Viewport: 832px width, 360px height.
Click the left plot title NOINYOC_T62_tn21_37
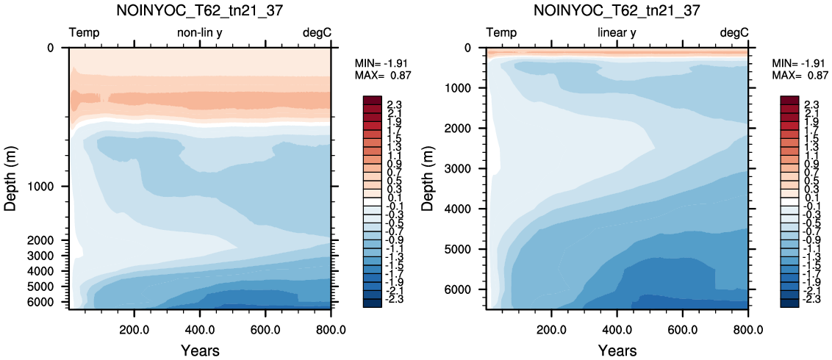point(201,10)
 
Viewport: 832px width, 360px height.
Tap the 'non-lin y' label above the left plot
point(199,33)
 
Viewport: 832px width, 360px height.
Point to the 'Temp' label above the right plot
point(501,33)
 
